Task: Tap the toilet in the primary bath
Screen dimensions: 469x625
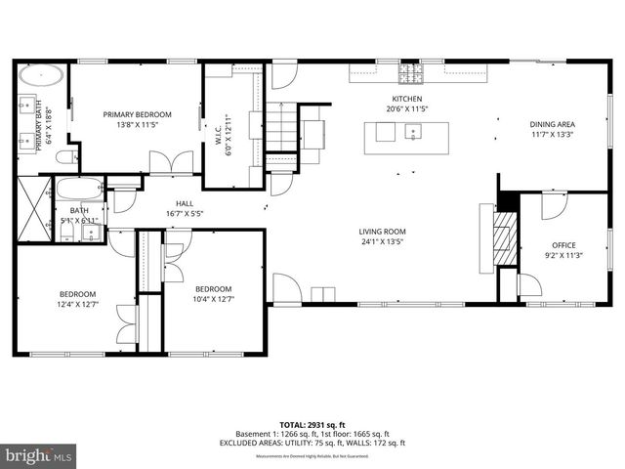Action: point(65,156)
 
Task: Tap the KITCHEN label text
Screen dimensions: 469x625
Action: point(407,100)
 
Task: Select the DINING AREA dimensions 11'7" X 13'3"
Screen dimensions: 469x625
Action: point(552,135)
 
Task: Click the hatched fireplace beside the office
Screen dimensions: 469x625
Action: point(503,234)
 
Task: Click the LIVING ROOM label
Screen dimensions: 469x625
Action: point(382,231)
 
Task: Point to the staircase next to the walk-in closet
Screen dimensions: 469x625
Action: point(282,128)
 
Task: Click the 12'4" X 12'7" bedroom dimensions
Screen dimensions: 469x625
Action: point(77,304)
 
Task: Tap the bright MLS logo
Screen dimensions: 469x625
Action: point(38,455)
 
